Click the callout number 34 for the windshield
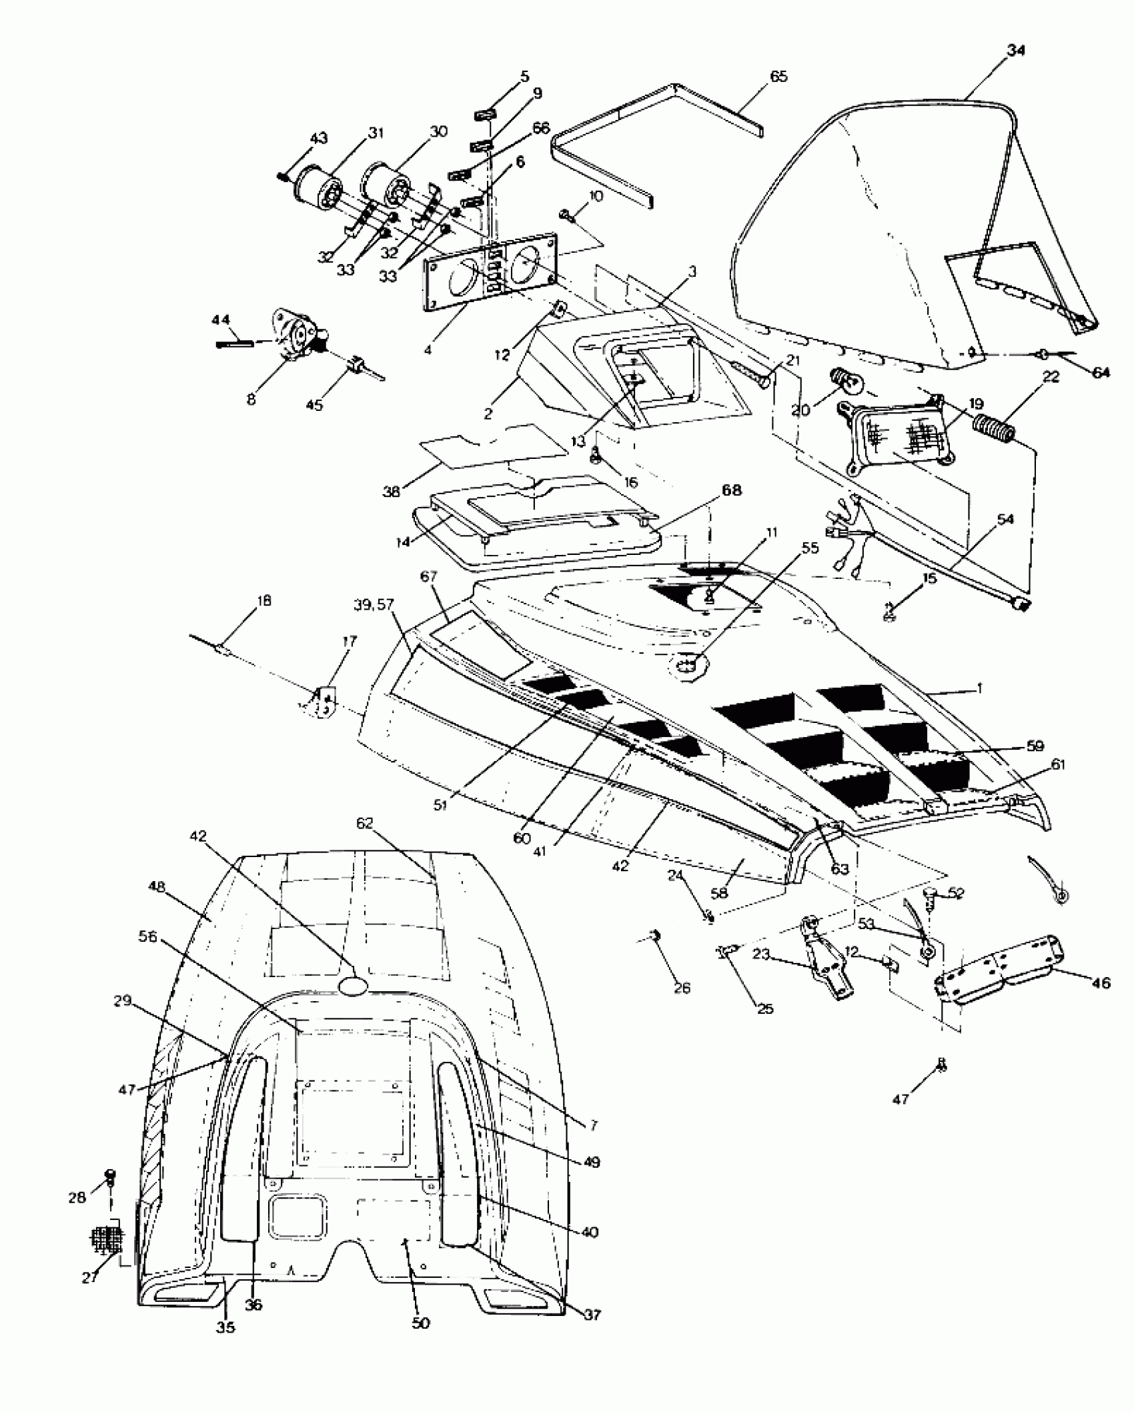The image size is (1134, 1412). tap(1015, 50)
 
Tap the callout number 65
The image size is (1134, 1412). tap(778, 76)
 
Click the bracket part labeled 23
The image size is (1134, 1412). tap(827, 962)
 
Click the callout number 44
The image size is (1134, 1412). tap(221, 320)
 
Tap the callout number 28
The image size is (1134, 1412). tap(77, 1197)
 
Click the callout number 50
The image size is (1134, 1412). tap(420, 1323)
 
